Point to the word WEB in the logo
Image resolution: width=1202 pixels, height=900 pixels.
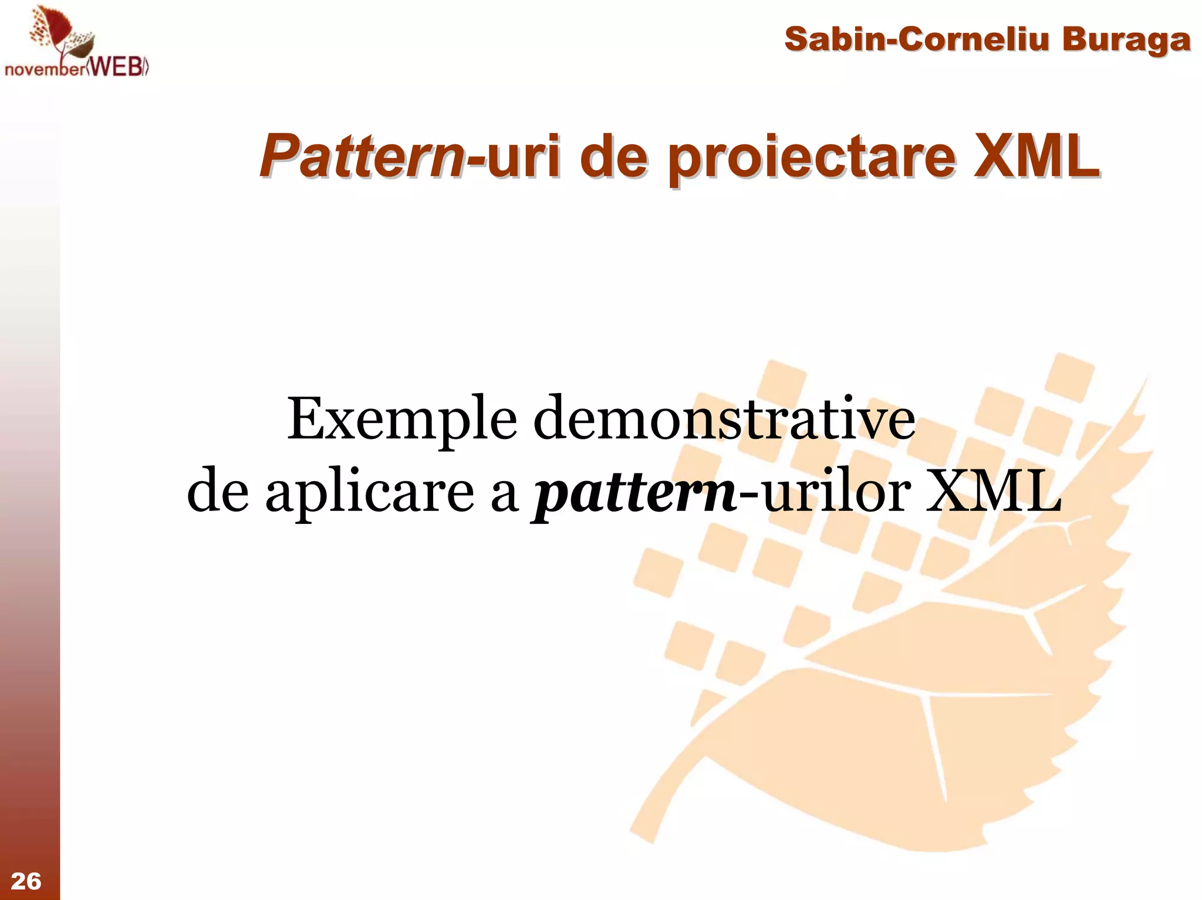[117, 67]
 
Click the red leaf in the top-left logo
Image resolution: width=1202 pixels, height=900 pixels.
[56, 29]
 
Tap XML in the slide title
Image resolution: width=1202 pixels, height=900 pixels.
[1036, 156]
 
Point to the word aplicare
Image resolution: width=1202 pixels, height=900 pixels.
[369, 493]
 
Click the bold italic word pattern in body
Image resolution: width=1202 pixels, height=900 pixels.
[634, 493]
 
